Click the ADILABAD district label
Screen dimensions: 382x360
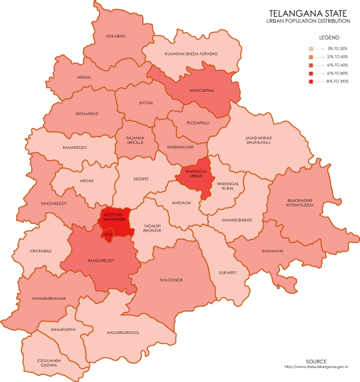pos(115,35)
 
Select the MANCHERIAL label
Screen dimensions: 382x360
pos(202,90)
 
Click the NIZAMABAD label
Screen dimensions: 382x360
pos(87,113)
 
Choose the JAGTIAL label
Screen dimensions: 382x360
pos(146,102)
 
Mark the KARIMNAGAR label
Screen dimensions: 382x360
pos(181,148)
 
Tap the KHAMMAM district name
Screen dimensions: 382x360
pos(272,250)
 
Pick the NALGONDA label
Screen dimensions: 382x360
pos(171,280)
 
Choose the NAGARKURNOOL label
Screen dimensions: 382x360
pos(123,333)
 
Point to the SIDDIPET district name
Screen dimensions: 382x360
pos(141,179)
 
